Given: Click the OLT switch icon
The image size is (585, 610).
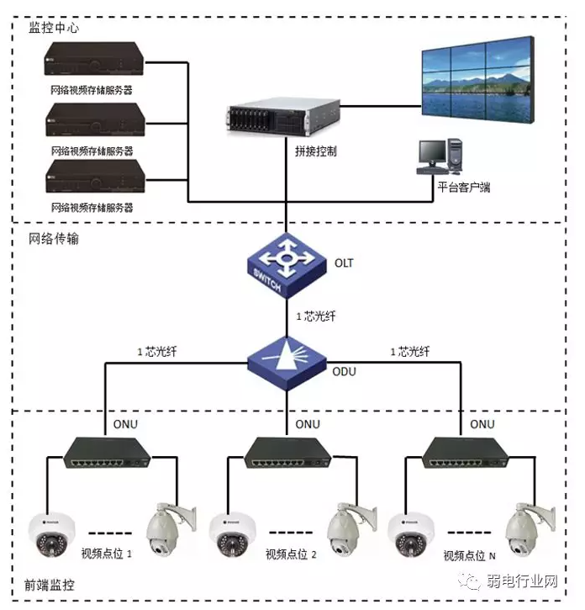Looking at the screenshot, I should point(287,265).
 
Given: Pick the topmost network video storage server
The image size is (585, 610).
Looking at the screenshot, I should point(92,61).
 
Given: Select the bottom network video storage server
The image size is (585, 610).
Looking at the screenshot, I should point(92,178).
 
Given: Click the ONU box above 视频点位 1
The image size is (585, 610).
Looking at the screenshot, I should point(108,453).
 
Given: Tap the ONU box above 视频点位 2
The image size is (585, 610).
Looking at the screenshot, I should point(287,453).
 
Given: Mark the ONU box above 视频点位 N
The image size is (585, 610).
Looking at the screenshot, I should point(465,453).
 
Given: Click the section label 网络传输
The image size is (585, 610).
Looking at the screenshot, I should point(54,239).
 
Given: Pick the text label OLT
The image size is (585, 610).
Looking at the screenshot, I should point(345,263).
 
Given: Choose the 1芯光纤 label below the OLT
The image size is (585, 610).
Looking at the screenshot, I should point(316,317).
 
